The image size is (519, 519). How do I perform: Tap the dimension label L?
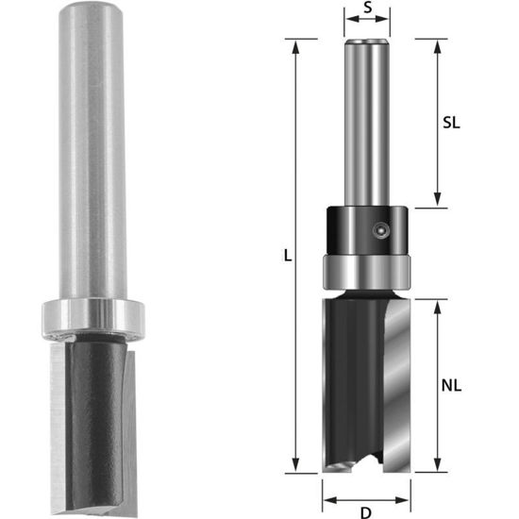287,255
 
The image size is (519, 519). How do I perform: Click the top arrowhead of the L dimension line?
298,43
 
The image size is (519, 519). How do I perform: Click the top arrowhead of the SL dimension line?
437,43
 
